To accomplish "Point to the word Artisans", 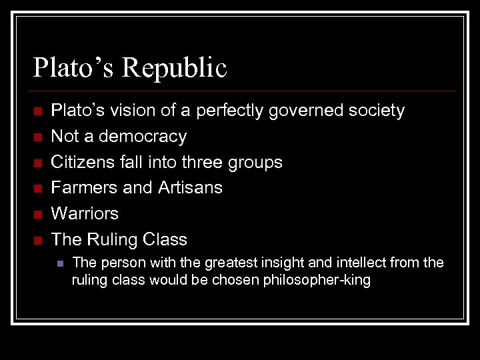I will pyautogui.click(x=190, y=188).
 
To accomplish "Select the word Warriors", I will pyautogui.click(x=85, y=213).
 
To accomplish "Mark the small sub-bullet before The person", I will pyautogui.click(x=60, y=263).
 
